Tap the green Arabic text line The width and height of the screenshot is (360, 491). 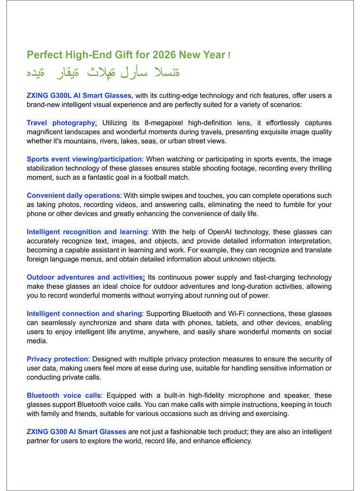(x=103, y=72)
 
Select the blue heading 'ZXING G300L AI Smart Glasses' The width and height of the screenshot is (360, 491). (x=79, y=95)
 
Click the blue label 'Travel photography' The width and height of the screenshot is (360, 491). (x=61, y=123)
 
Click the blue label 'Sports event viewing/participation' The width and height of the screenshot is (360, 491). (x=84, y=159)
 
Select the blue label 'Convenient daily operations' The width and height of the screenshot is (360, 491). (x=73, y=196)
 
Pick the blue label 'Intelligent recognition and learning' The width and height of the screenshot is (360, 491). (x=87, y=232)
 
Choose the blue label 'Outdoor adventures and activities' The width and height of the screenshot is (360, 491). (x=85, y=278)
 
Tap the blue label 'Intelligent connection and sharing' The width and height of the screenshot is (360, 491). (x=84, y=314)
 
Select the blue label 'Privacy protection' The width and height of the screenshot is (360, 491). (x=57, y=359)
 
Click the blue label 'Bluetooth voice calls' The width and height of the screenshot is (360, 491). (x=64, y=396)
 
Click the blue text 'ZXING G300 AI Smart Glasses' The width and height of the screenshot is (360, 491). (x=76, y=432)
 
